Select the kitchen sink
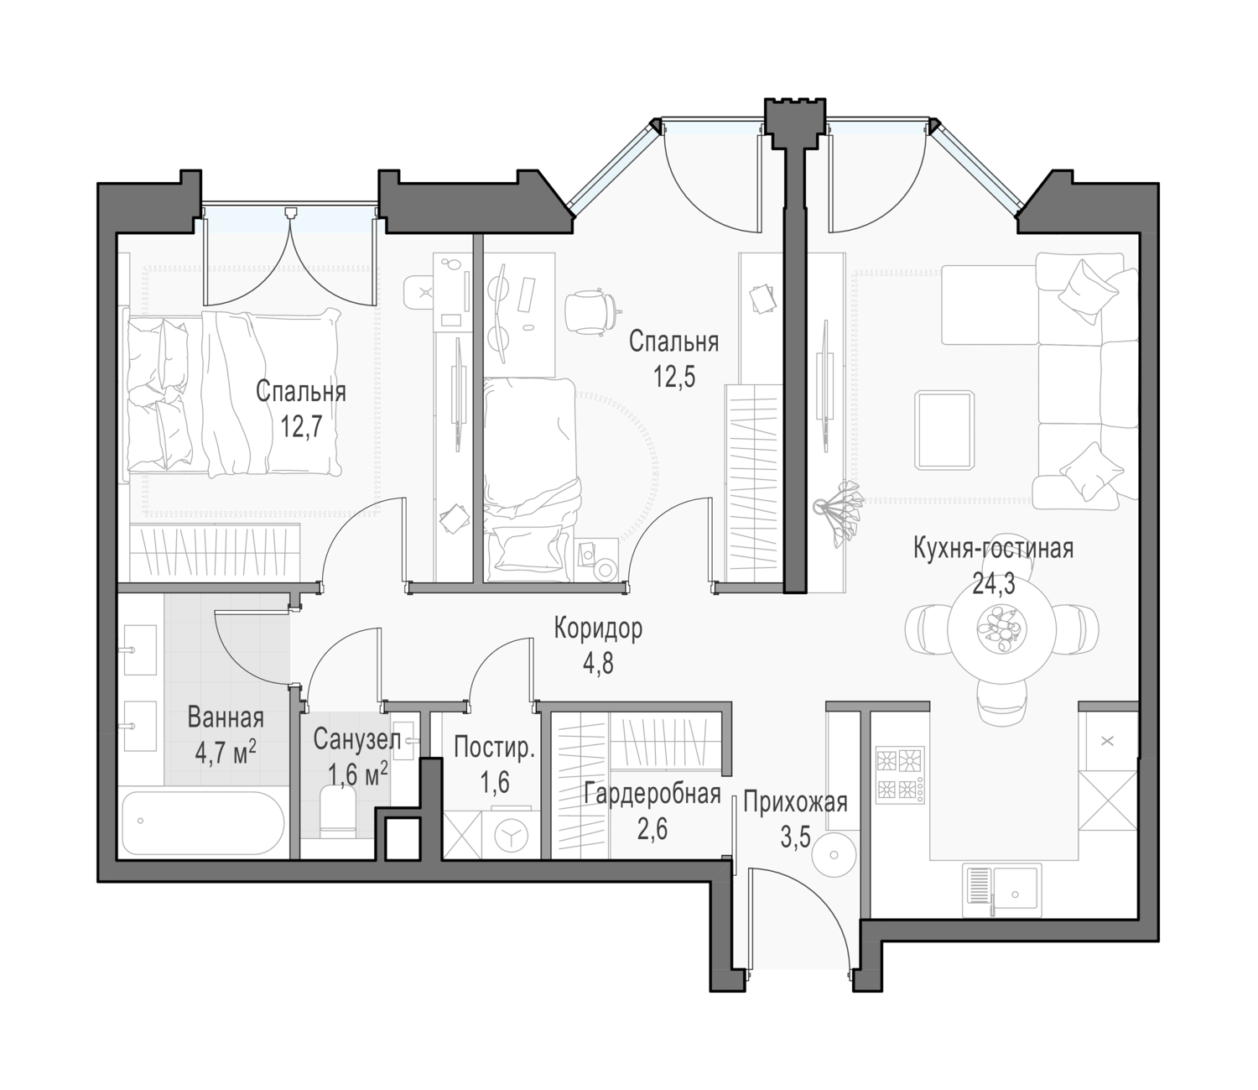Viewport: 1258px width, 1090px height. (1001, 890)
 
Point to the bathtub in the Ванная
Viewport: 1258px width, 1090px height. (201, 825)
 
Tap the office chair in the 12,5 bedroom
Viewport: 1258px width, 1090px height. (590, 312)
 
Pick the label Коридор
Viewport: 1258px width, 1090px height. (598, 628)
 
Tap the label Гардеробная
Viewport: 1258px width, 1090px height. (652, 794)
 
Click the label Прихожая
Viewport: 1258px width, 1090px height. (795, 802)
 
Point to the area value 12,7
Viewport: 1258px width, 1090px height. (300, 427)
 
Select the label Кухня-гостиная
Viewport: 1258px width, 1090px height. (993, 549)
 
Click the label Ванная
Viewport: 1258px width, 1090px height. (226, 717)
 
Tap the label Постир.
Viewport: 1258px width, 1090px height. (494, 747)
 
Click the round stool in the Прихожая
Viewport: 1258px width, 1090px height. (833, 855)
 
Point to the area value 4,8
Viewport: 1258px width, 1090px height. (598, 664)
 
